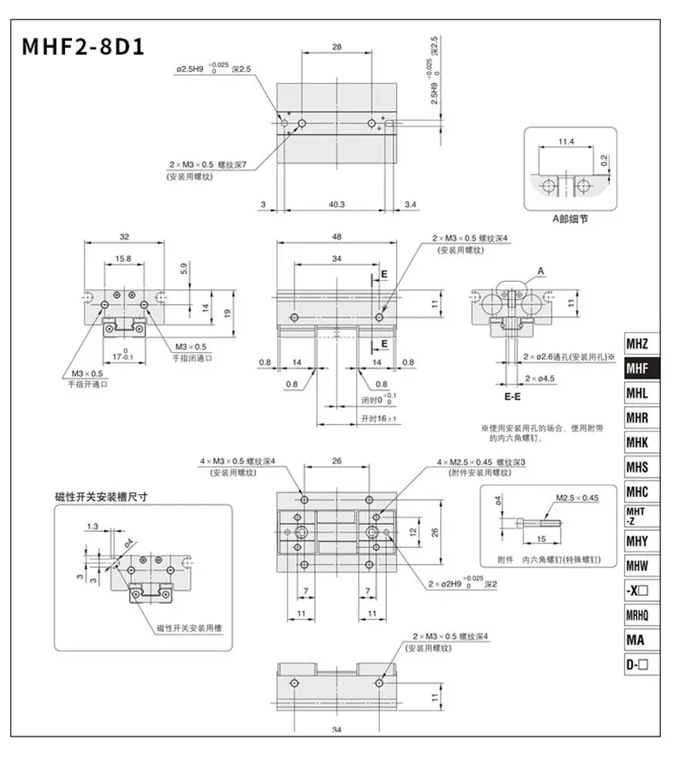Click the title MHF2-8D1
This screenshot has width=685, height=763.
coord(84,45)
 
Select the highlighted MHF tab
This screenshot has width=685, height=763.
coord(637,369)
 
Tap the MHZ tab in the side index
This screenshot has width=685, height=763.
coord(637,344)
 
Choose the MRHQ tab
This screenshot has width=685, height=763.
coord(637,615)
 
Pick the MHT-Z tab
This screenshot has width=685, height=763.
coord(637,516)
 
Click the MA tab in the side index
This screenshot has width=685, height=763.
coord(637,640)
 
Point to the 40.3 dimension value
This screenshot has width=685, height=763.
coord(337,205)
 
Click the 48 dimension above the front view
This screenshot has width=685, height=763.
coord(337,237)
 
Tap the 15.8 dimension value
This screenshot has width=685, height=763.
coord(123,258)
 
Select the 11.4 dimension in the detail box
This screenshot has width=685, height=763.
coord(566,142)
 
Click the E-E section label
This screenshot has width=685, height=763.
coord(513,397)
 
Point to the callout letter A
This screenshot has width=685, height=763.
coord(541,271)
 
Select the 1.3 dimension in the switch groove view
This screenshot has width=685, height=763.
coord(92,526)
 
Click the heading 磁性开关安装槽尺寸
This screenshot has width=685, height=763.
coord(102,496)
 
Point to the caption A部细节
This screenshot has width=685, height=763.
coord(569,218)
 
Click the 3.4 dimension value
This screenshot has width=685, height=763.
coord(410,205)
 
